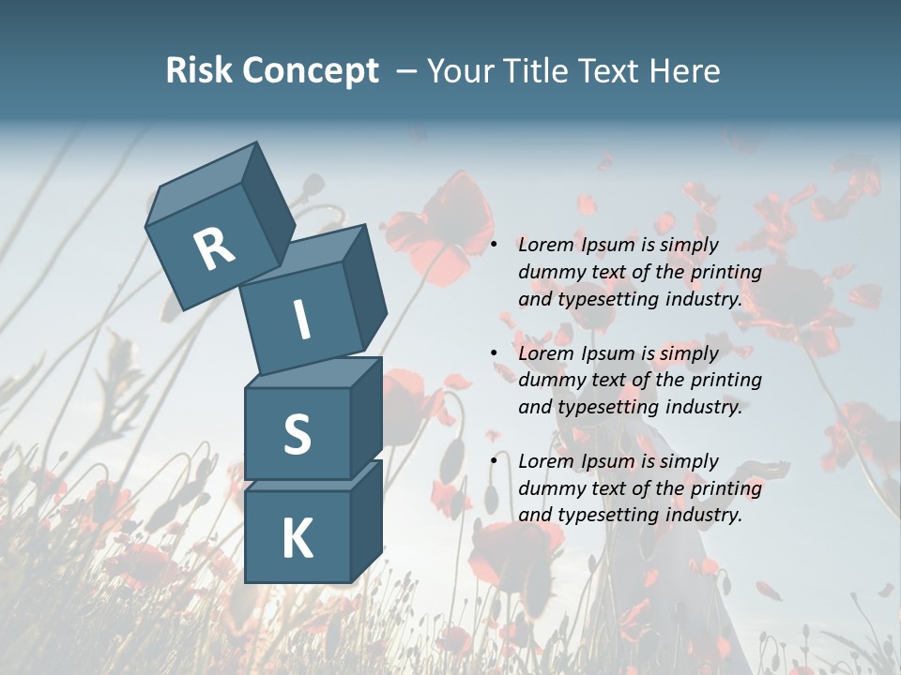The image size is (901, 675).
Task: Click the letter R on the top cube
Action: click(214, 248)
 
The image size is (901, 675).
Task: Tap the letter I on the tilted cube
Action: click(302, 321)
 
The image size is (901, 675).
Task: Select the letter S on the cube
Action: click(298, 435)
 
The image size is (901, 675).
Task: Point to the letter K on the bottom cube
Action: click(298, 539)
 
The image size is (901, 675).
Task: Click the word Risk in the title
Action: click(198, 70)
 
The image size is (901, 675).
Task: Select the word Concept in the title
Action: click(309, 70)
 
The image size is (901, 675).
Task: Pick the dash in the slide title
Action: click(407, 71)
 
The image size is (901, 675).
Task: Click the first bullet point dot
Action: click(494, 245)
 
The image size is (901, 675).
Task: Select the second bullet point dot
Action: click(494, 353)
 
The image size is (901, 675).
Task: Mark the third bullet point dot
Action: click(494, 461)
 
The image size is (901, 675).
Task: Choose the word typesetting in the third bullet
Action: click(604, 515)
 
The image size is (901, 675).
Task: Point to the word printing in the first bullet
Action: click(725, 273)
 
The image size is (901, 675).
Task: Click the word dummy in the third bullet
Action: click(549, 488)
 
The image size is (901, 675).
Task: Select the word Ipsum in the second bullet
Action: click(609, 353)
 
